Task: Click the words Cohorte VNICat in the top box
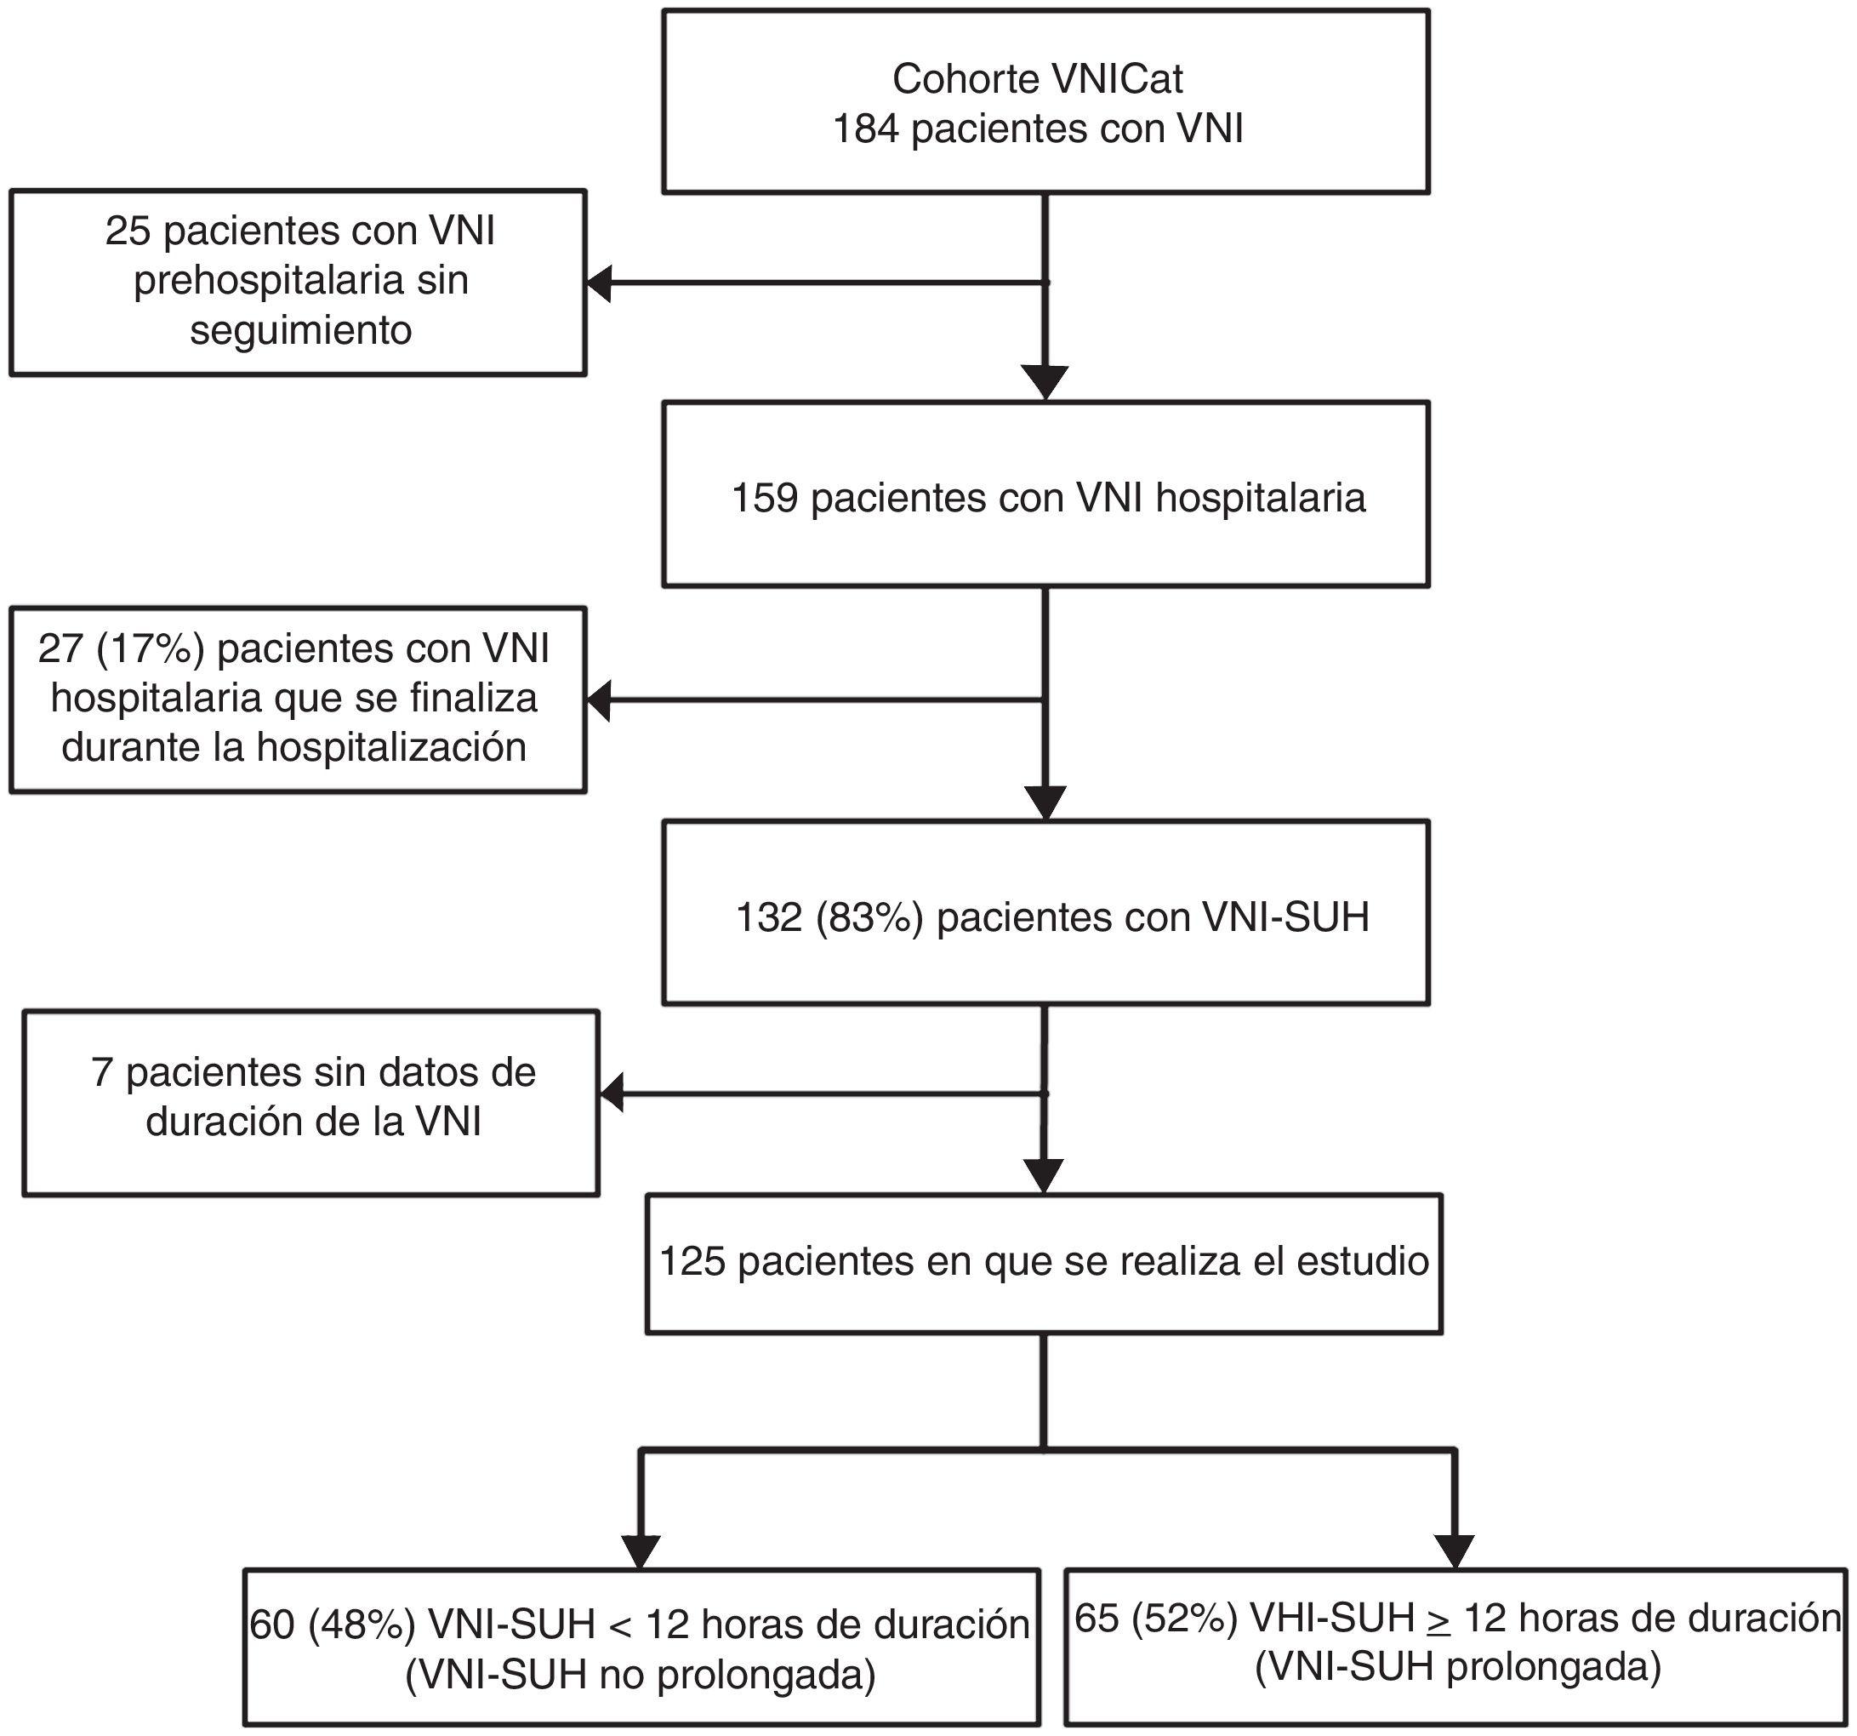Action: tap(1037, 78)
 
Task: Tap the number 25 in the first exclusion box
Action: tap(127, 231)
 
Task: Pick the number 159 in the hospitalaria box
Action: tap(764, 498)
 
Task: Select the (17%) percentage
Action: tap(151, 648)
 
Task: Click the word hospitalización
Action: tap(391, 746)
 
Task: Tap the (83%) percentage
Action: tap(869, 917)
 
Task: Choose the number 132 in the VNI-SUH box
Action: tap(769, 917)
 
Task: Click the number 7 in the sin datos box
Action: tap(102, 1072)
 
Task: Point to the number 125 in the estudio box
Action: tap(692, 1262)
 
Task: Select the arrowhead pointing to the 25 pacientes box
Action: tap(599, 283)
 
